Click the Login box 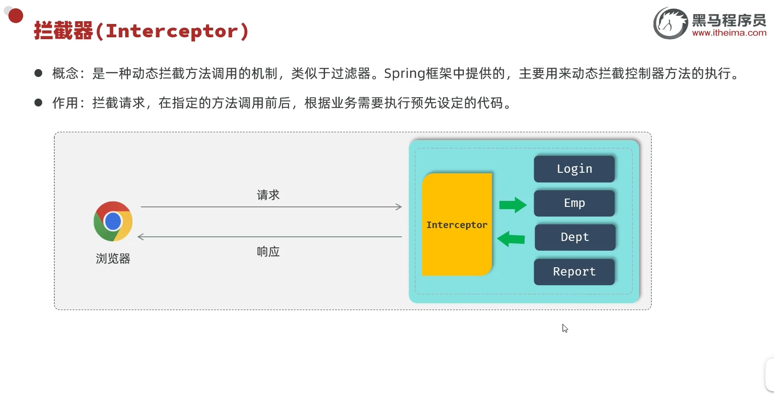pos(574,169)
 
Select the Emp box pos(574,203)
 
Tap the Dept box pos(575,237)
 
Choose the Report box pos(574,272)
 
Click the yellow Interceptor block pos(457,224)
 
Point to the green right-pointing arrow pos(512,205)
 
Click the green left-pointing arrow pos(511,239)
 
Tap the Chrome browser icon pos(113,221)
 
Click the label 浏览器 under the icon pos(113,258)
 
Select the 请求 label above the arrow pos(268,195)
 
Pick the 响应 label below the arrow pos(268,252)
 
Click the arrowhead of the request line pos(399,207)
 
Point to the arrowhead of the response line pos(141,237)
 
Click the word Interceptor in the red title pos(172,31)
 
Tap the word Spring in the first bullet pos(405,74)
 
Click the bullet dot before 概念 pos(38,73)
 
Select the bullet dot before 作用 pos(38,102)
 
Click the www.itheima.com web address pos(729,33)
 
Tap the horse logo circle pos(670,23)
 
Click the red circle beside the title pos(16,16)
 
